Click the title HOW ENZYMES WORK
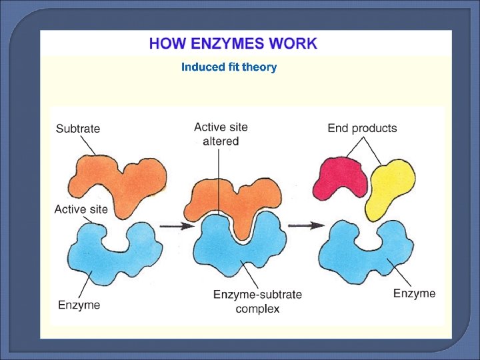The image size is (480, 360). (x=233, y=45)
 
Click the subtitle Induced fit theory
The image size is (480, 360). (x=229, y=67)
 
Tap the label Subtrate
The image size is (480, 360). (x=79, y=129)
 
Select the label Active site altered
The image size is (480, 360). (x=221, y=134)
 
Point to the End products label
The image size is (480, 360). (x=362, y=128)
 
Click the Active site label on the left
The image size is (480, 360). (x=81, y=209)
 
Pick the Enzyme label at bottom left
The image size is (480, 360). (x=79, y=305)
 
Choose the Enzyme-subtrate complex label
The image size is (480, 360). (x=257, y=301)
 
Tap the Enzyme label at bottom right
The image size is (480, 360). (x=414, y=293)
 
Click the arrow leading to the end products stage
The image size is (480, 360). (x=306, y=225)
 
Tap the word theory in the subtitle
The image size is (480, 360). (x=259, y=67)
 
